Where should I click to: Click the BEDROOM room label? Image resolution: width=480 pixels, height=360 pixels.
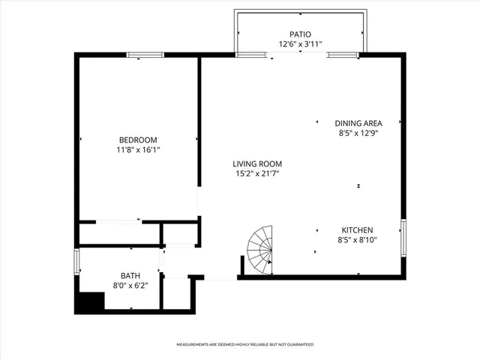pyautogui.click(x=138, y=139)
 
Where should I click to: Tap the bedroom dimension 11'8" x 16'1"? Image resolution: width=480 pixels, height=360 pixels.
pyautogui.click(x=138, y=150)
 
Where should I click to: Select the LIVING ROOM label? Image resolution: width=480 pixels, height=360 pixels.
pyautogui.click(x=256, y=164)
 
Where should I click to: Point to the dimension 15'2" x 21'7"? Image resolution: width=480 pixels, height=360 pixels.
pyautogui.click(x=256, y=175)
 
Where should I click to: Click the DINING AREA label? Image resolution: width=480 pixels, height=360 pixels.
pyautogui.click(x=358, y=123)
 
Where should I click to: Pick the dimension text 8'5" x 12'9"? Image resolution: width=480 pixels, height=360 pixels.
pyautogui.click(x=358, y=133)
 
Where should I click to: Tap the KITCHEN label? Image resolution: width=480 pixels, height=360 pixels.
pyautogui.click(x=358, y=230)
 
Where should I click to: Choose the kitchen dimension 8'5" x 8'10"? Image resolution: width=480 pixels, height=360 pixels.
pyautogui.click(x=358, y=241)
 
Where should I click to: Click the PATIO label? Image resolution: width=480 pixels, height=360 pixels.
pyautogui.click(x=301, y=34)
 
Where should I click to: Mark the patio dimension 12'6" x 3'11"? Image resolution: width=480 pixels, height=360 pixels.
pyautogui.click(x=301, y=44)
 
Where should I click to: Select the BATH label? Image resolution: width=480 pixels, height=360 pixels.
pyautogui.click(x=130, y=276)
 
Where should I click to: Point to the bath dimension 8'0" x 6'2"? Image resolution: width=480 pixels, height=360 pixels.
pyautogui.click(x=130, y=286)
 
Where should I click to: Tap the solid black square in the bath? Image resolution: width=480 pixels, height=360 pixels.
pyautogui.click(x=88, y=302)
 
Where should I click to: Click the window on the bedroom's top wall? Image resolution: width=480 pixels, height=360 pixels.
pyautogui.click(x=145, y=55)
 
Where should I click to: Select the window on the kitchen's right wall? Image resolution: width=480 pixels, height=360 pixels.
pyautogui.click(x=403, y=238)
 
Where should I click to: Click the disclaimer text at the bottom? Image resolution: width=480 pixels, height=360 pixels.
pyautogui.click(x=244, y=344)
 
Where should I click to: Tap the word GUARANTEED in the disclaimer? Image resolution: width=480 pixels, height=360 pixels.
pyautogui.click(x=298, y=344)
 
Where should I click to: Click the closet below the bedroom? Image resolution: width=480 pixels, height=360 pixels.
pyautogui.click(x=120, y=233)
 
